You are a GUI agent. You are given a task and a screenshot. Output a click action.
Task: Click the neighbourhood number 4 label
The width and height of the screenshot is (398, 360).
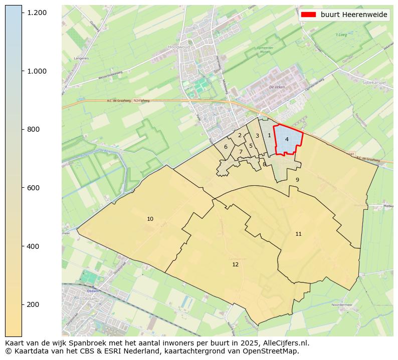(x=287, y=139)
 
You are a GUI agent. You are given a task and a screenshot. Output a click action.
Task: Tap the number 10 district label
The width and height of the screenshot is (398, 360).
(x=150, y=219)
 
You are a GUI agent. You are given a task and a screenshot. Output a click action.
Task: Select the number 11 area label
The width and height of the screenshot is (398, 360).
(x=298, y=234)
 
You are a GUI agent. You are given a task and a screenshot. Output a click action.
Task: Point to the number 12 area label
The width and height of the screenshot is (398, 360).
(x=235, y=264)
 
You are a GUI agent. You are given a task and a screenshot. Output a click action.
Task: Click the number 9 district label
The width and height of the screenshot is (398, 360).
(x=297, y=180)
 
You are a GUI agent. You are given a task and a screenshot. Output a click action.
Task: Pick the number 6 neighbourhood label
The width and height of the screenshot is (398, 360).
(x=226, y=147)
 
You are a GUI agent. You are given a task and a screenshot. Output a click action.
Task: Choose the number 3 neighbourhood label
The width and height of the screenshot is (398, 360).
(x=257, y=136)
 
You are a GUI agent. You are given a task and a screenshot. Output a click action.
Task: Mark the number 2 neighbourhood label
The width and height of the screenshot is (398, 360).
(x=240, y=135)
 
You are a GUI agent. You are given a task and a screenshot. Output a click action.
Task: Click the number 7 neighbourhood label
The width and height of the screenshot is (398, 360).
(x=241, y=152)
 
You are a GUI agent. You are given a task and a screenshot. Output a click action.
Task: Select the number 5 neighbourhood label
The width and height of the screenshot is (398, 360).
(x=251, y=146)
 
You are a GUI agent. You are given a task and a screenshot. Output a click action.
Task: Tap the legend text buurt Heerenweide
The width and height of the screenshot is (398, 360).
(x=354, y=15)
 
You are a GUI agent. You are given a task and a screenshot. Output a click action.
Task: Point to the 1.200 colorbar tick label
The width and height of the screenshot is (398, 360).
(x=38, y=12)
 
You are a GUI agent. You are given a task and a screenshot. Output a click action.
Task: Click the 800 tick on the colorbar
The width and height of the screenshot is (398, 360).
(x=34, y=129)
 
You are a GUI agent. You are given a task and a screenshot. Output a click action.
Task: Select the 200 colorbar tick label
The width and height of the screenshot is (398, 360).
(x=34, y=304)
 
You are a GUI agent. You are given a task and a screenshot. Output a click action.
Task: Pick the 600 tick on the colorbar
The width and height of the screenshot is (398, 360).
(x=34, y=188)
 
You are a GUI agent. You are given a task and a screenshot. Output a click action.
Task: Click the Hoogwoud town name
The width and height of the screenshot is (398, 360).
(x=177, y=48)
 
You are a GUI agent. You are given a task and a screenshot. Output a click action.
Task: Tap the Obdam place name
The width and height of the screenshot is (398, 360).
(x=92, y=291)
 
